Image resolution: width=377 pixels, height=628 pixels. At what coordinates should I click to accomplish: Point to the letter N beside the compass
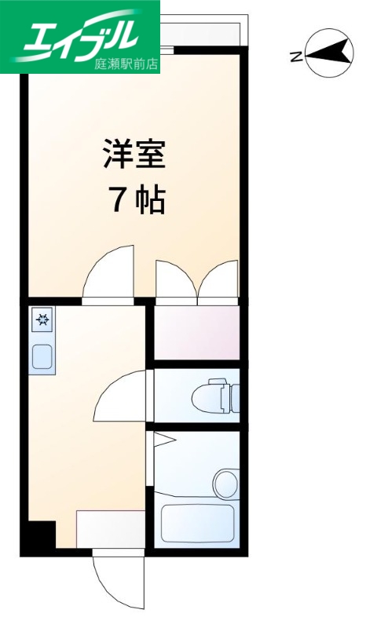[x=295, y=55]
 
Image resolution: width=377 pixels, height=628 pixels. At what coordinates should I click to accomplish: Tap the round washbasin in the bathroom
[x=226, y=480]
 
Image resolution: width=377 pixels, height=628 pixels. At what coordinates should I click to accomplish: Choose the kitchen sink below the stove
[x=42, y=356]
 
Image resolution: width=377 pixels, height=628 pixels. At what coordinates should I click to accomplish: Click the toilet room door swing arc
[x=122, y=397]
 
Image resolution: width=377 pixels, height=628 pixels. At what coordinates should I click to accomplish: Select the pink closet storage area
[x=196, y=333]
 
